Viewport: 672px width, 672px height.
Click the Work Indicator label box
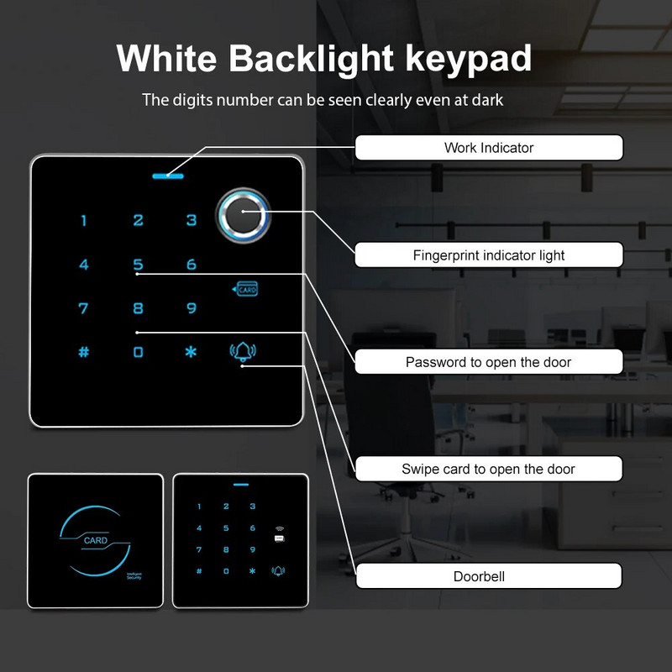(x=489, y=148)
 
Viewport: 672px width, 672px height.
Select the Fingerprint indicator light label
(x=489, y=255)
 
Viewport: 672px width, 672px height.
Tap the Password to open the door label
(x=489, y=362)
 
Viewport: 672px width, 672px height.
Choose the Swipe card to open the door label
(x=489, y=469)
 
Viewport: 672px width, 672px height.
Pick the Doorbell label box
(x=489, y=576)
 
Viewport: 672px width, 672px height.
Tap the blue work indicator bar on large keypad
(x=168, y=176)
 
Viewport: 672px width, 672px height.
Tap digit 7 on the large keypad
(x=83, y=308)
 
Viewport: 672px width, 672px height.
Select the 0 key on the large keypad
(x=138, y=352)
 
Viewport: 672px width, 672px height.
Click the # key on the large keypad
(x=83, y=352)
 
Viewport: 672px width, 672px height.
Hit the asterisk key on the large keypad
(x=191, y=352)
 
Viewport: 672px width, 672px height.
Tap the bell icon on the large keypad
(x=244, y=353)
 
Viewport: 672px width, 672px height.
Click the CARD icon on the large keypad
(x=245, y=289)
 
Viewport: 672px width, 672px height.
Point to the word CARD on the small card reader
(x=96, y=541)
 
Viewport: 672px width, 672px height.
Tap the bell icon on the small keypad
(x=278, y=571)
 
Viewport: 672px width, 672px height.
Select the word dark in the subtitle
(x=486, y=100)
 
